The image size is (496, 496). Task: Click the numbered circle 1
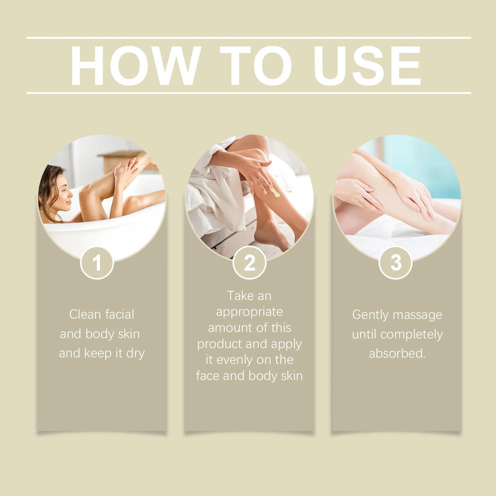(x=97, y=263)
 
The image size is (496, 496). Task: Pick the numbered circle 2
(x=250, y=263)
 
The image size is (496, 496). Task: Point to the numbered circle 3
(x=396, y=263)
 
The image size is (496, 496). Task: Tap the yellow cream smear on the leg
(x=275, y=193)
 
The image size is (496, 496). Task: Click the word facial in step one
(x=119, y=315)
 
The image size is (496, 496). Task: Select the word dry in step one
(x=135, y=354)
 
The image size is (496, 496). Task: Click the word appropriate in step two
(x=250, y=312)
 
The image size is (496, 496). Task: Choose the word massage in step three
(x=418, y=315)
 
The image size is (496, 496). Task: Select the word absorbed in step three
(x=397, y=354)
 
